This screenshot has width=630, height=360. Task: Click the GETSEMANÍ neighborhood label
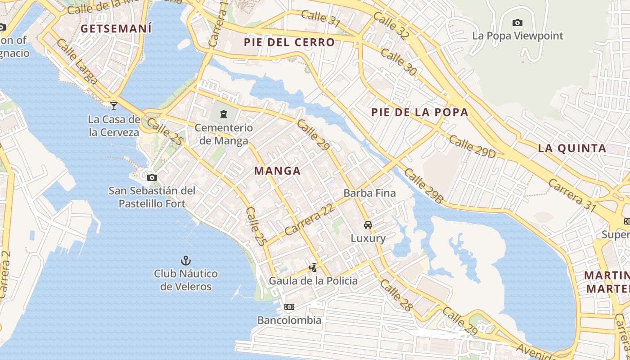click(x=116, y=29)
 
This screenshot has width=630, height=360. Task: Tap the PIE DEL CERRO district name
click(x=289, y=43)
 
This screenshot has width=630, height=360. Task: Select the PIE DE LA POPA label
click(x=420, y=112)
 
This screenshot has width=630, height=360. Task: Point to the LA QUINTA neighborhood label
click(x=572, y=148)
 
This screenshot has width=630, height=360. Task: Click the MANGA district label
click(x=277, y=171)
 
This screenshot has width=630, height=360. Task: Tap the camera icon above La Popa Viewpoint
click(x=517, y=22)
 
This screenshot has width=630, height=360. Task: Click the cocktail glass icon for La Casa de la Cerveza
click(x=114, y=106)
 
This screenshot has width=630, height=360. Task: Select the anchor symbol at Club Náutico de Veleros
click(x=185, y=261)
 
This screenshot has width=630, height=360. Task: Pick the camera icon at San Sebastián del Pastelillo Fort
click(x=152, y=177)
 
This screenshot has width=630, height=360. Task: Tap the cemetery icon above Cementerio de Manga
click(x=224, y=114)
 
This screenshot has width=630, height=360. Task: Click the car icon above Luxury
click(x=368, y=225)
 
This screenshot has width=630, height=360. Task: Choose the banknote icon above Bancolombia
click(x=289, y=307)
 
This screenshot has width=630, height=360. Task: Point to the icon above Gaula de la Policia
click(x=313, y=268)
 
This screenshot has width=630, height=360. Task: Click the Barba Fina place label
click(x=369, y=193)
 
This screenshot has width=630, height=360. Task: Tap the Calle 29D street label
click(x=472, y=147)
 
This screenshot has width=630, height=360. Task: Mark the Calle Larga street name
click(x=77, y=62)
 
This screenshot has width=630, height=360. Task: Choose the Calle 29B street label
click(x=423, y=185)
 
